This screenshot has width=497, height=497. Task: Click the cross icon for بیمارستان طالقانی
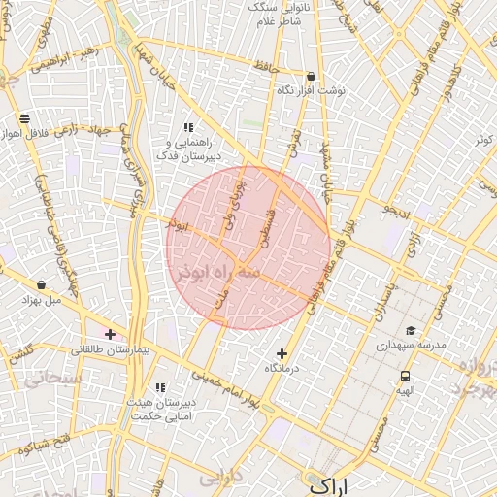110,334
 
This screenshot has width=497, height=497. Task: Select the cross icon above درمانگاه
282,353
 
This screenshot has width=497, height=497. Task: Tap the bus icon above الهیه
405,376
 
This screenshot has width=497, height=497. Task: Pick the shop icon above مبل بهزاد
41,284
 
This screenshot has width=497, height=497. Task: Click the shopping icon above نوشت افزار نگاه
311,76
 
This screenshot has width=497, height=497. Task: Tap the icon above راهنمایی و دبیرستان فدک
189,127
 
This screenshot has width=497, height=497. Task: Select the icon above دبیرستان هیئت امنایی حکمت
160,388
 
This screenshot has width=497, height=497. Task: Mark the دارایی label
219,478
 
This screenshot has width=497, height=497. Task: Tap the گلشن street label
21,352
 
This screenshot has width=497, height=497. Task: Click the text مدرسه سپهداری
411,346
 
